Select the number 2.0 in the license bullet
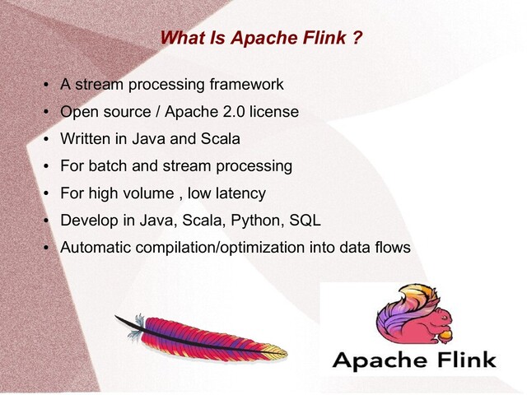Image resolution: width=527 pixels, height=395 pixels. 236,111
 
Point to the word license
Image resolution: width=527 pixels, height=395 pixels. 275,111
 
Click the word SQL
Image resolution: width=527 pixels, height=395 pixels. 302,221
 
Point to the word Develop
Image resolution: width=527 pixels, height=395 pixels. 89,221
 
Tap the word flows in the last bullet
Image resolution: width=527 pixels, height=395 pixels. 390,248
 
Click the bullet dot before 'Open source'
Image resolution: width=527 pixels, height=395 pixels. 48,112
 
